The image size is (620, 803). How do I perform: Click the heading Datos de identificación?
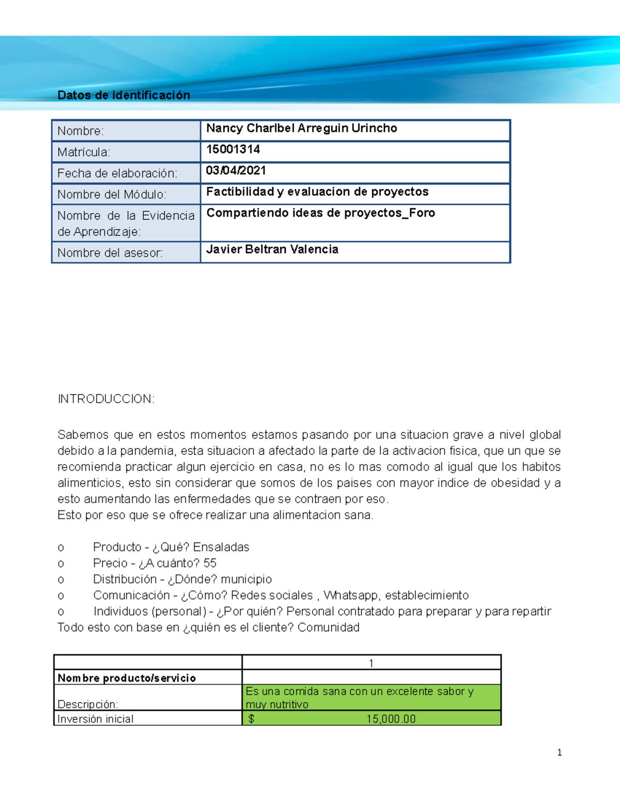[123, 95]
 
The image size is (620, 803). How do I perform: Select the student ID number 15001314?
[233, 149]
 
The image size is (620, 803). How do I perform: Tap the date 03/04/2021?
[236, 171]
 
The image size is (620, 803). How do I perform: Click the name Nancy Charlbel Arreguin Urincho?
[302, 128]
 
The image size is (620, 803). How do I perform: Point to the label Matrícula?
[84, 153]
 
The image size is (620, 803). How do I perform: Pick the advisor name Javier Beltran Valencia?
[272, 249]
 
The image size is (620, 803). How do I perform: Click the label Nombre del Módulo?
[112, 195]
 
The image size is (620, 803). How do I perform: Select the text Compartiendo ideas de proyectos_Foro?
[320, 213]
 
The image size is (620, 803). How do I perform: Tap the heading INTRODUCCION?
[106, 399]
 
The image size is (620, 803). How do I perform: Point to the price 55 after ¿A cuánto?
[210, 563]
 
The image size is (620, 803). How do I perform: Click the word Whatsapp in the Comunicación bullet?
[351, 595]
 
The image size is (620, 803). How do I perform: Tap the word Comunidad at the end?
[329, 627]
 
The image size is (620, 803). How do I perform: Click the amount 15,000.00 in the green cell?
[391, 719]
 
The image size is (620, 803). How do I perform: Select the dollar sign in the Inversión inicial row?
[251, 719]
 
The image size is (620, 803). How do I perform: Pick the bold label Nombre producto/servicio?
[127, 678]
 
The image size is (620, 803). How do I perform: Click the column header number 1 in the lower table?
[371, 663]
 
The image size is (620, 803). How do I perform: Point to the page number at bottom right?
[559, 752]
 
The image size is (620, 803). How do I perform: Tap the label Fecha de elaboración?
[117, 174]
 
